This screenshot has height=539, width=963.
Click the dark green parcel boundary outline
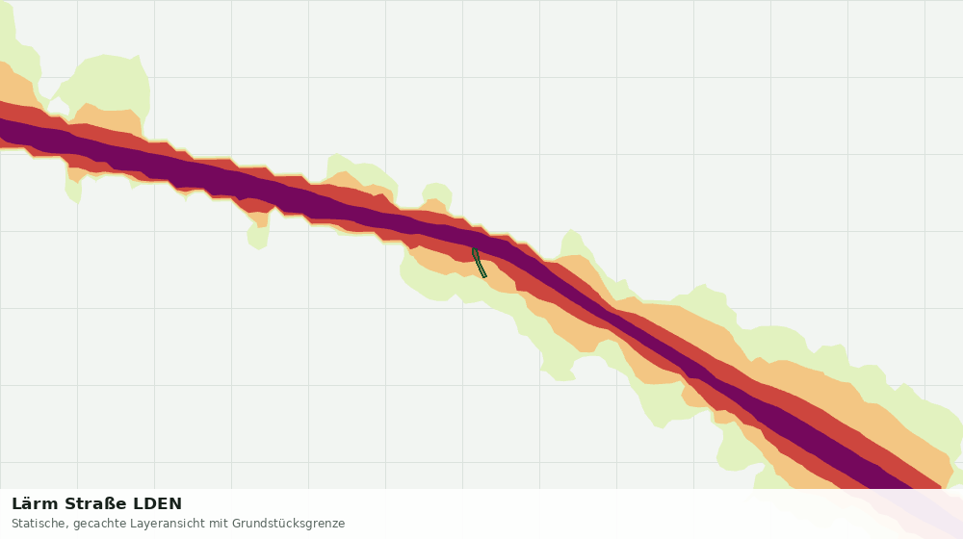coord(479,263)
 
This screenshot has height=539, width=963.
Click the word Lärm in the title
coord(35,504)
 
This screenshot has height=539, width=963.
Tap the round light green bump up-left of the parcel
coord(436,192)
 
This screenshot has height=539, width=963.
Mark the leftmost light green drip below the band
coord(74,189)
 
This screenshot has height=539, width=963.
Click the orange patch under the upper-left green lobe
coord(108,117)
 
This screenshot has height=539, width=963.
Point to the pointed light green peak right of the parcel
coord(572,244)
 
